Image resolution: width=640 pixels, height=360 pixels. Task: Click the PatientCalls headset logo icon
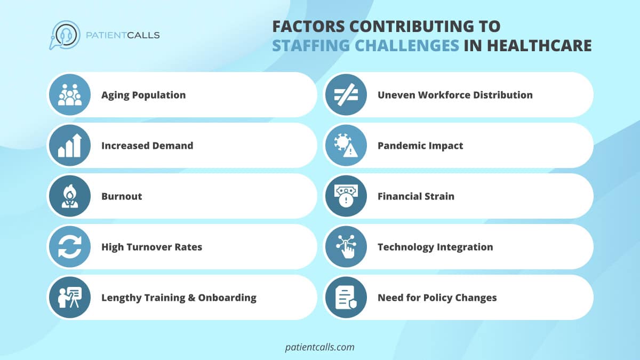pyautogui.click(x=65, y=35)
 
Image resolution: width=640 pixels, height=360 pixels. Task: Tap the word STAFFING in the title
pyautogui.click(x=311, y=46)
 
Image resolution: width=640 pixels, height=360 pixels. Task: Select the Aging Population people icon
pyautogui.click(x=70, y=95)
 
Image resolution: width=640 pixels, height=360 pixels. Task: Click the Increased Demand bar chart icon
pyautogui.click(x=70, y=146)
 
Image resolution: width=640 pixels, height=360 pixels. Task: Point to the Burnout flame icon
pyautogui.click(x=70, y=196)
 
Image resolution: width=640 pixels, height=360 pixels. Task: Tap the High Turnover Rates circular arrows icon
pyautogui.click(x=70, y=247)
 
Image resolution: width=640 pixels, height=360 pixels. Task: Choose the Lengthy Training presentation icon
pyautogui.click(x=70, y=298)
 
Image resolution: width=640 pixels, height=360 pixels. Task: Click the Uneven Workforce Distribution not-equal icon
pyautogui.click(x=346, y=95)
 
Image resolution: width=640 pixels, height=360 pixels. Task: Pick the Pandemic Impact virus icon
pyautogui.click(x=346, y=146)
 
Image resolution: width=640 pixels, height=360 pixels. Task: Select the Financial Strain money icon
pyautogui.click(x=346, y=196)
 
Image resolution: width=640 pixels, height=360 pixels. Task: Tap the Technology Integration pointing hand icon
pyautogui.click(x=346, y=247)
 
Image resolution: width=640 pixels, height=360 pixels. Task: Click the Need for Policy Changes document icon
pyautogui.click(x=346, y=298)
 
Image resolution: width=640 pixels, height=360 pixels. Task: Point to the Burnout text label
pyautogui.click(x=122, y=196)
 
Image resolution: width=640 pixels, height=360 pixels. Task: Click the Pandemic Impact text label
pyautogui.click(x=420, y=146)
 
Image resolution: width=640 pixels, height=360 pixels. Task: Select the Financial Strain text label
pyautogui.click(x=416, y=196)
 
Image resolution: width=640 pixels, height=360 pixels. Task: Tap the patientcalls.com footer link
pyautogui.click(x=319, y=347)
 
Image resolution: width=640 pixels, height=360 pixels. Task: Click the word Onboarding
pyautogui.click(x=227, y=298)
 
